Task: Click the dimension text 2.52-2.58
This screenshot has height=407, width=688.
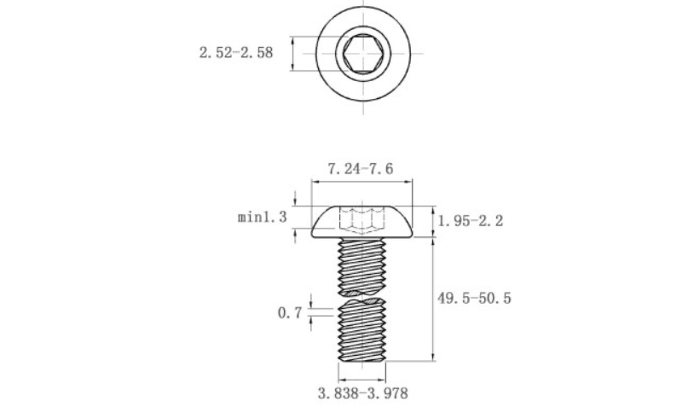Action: (x=236, y=53)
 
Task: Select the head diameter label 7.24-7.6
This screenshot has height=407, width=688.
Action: (x=361, y=169)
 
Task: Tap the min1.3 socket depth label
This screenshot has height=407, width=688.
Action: (x=262, y=217)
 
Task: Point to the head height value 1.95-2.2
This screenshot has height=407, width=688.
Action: (x=471, y=221)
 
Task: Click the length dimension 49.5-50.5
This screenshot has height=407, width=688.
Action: (x=474, y=299)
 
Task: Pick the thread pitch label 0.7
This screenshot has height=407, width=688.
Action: (x=290, y=313)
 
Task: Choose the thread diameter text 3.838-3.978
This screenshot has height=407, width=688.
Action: (x=363, y=393)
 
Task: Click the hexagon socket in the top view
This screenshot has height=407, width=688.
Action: (x=363, y=53)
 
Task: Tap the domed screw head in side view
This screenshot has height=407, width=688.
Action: (x=362, y=222)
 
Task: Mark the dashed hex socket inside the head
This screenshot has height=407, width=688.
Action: (x=362, y=219)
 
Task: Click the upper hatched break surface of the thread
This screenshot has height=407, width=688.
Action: (x=362, y=292)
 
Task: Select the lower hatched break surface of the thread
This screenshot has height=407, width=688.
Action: (x=362, y=302)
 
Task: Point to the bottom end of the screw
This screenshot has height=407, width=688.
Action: (x=362, y=360)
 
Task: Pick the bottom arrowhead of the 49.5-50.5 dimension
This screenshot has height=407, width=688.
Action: (x=433, y=357)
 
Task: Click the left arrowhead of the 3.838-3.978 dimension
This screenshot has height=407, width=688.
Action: (x=343, y=380)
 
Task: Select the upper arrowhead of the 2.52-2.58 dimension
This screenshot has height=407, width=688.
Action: (x=292, y=40)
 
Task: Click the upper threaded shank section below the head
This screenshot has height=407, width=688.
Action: (x=362, y=265)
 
